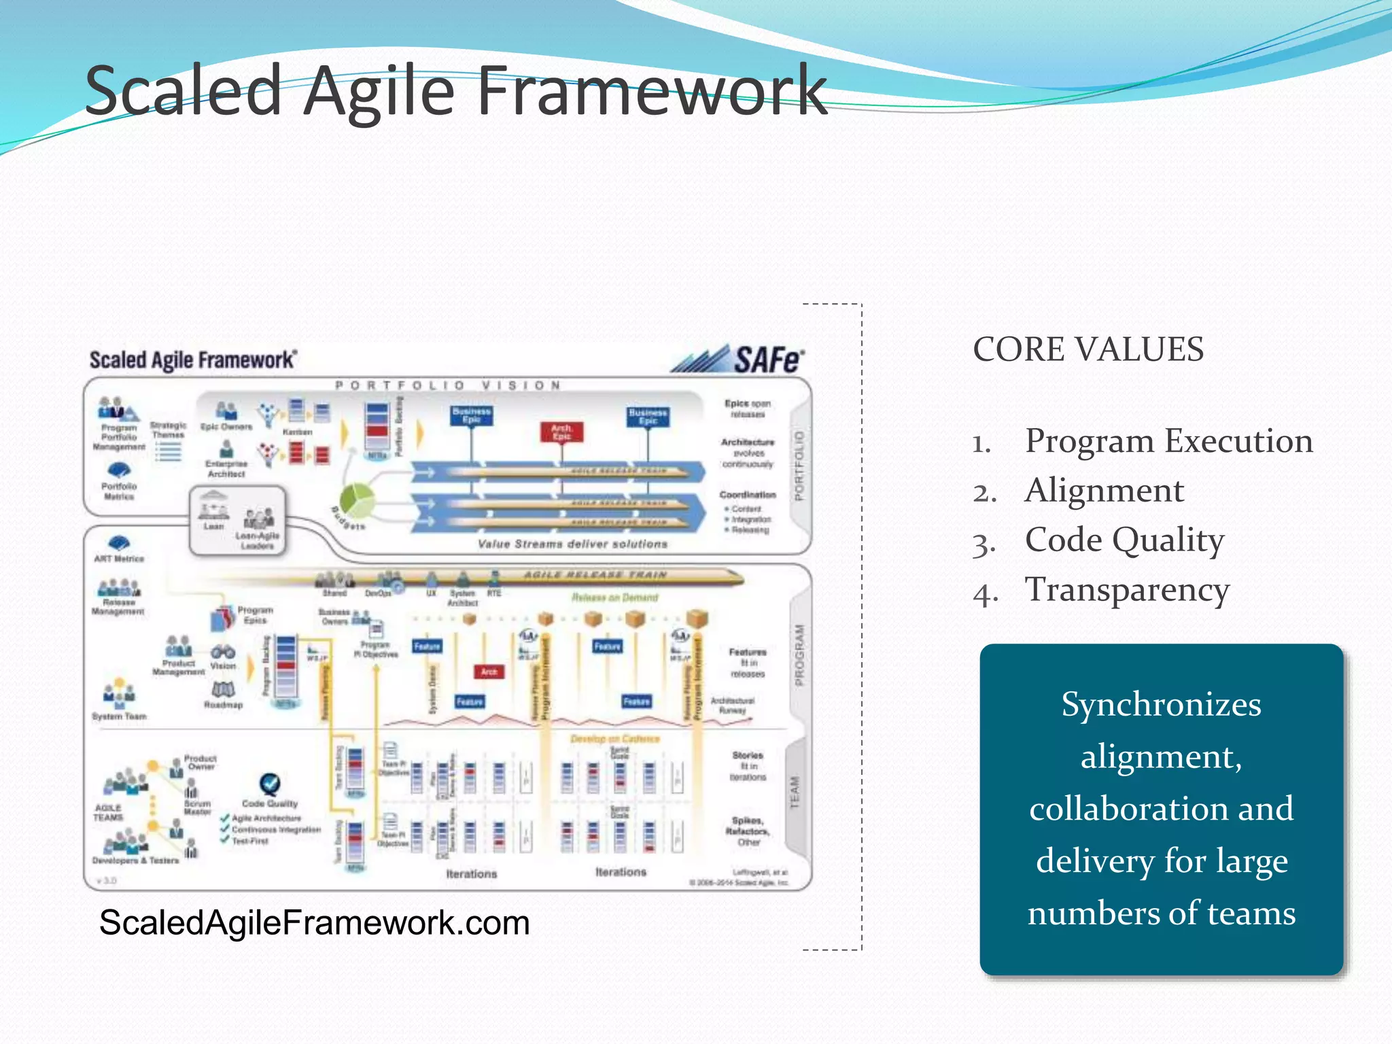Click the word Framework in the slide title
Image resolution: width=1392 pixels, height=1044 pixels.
pos(652,90)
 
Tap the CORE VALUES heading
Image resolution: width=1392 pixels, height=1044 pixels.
pos(1087,349)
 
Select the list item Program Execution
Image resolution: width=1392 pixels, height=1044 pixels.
pos(1168,440)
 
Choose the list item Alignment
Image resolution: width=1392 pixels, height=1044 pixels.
pos(1104,490)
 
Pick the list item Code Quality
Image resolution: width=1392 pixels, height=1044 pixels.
pos(1124,540)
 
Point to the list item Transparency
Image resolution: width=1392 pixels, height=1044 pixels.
pos(1127,589)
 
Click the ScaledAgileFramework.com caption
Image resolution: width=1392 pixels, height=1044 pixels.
pos(314,923)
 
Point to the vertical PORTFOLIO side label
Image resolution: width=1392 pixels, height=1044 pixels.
pos(799,465)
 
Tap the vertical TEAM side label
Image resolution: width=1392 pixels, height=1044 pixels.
pos(795,793)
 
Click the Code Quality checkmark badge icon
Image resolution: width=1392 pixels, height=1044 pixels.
pos(270,784)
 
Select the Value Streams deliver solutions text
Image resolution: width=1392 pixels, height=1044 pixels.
pos(572,544)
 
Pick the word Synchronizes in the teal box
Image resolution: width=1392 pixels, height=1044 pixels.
pos(1161,704)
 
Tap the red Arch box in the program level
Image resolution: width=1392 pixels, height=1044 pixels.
pos(489,672)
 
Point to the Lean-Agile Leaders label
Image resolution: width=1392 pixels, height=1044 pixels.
pos(257,540)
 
